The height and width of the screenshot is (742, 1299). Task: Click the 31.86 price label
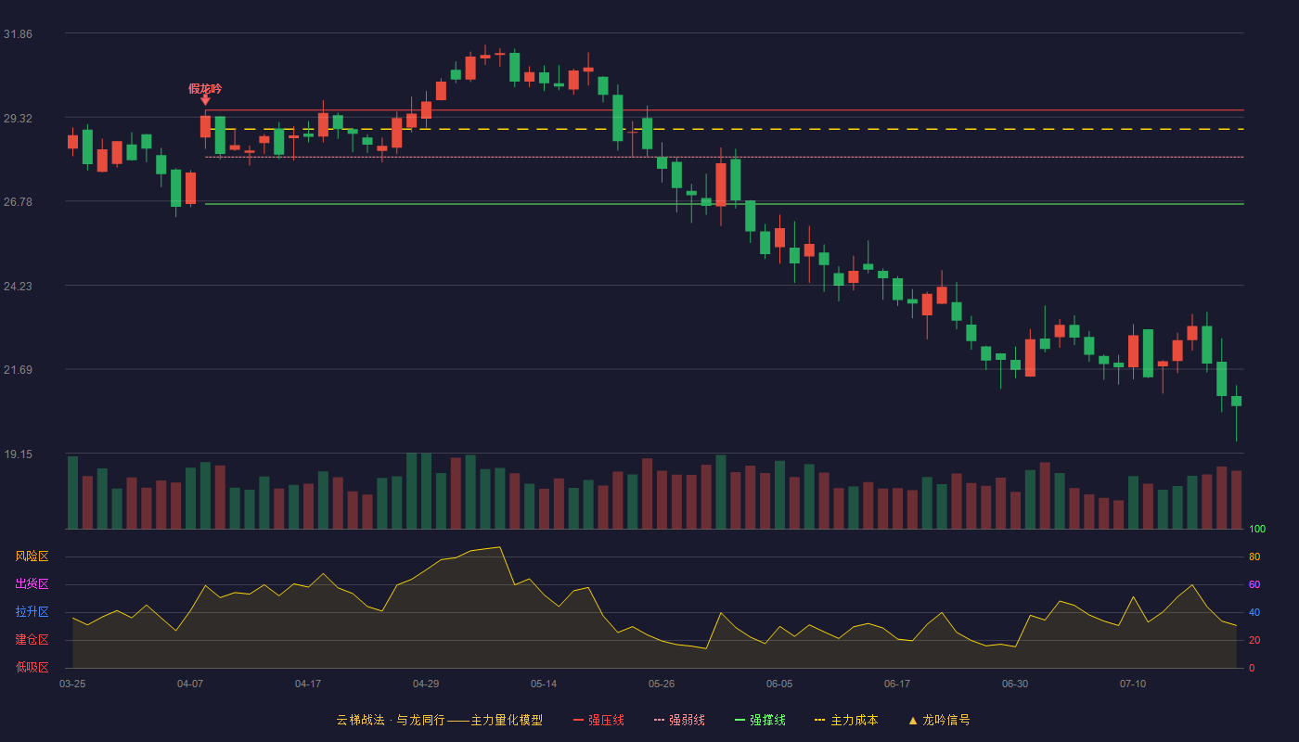click(x=18, y=34)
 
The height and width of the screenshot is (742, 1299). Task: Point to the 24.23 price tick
click(x=18, y=287)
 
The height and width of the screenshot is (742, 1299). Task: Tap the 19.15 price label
click(x=18, y=454)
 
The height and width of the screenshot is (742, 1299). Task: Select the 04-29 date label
click(x=426, y=684)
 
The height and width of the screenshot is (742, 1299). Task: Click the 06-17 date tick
click(x=897, y=684)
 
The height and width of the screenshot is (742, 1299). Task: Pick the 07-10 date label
click(x=1133, y=684)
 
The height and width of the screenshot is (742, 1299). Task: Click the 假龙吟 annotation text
click(x=205, y=89)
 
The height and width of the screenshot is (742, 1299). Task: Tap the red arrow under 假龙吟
click(x=205, y=100)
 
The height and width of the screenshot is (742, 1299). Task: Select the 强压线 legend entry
click(x=598, y=720)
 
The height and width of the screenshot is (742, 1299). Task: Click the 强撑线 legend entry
click(x=760, y=720)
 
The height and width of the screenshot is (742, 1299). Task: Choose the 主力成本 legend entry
click(x=846, y=720)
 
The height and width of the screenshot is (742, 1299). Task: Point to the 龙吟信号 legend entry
click(x=939, y=720)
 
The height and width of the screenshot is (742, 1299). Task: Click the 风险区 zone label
click(x=32, y=556)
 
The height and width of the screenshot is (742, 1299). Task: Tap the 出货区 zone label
click(x=32, y=583)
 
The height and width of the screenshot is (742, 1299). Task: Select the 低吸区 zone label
click(x=32, y=667)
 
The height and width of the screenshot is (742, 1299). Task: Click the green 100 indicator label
click(x=1257, y=529)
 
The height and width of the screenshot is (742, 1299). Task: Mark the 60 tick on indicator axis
click(x=1254, y=584)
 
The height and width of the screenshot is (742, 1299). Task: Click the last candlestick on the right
click(x=1236, y=401)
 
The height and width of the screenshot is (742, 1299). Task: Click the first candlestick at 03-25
click(x=72, y=142)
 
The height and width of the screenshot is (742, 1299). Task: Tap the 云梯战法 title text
click(x=360, y=720)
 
